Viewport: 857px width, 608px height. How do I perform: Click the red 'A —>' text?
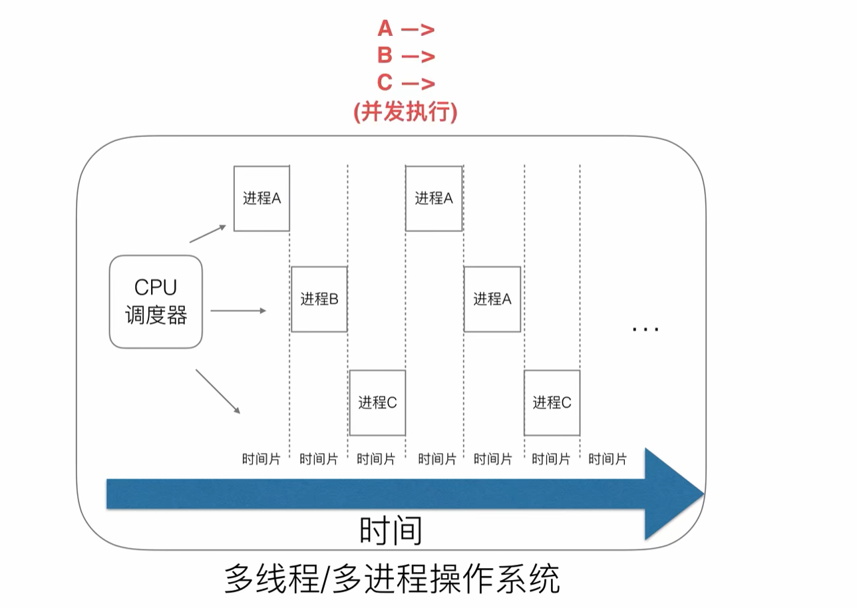coord(405,29)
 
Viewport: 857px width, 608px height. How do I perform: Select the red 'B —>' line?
coord(405,56)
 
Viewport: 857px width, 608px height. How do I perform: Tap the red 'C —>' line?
coord(405,83)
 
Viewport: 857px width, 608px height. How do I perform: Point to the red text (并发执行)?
coord(405,112)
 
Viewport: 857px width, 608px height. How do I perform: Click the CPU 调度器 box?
coord(156,302)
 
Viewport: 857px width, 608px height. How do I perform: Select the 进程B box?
coord(319,299)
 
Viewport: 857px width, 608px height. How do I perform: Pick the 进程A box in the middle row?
coord(492,299)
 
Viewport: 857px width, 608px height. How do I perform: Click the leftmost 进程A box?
coord(261,198)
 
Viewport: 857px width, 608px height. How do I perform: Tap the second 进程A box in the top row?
coord(434,198)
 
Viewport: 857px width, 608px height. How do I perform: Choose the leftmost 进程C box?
coord(377,402)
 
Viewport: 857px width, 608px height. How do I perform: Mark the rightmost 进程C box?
coord(552,402)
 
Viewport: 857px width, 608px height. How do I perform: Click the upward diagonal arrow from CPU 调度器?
coord(208,233)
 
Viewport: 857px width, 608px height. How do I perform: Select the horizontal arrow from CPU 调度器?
coord(238,311)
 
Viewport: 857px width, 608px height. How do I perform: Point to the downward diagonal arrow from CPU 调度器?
coord(218,391)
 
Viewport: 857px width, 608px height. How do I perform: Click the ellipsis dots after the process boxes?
coord(645,328)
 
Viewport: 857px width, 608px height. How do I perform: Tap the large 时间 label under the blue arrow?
coord(391,531)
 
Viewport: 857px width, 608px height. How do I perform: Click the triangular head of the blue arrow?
coord(672,494)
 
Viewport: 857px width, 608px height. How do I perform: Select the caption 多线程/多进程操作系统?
coord(392,579)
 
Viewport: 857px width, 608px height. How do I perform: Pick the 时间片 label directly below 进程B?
coord(319,459)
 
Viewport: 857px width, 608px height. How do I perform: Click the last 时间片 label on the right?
coord(607,459)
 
